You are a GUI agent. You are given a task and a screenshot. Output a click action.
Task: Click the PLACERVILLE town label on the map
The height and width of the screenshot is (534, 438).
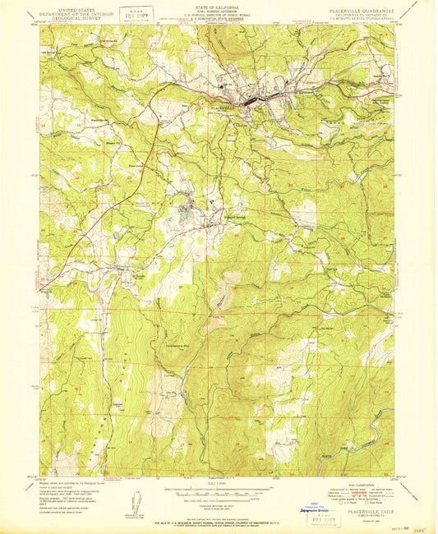(219, 107)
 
